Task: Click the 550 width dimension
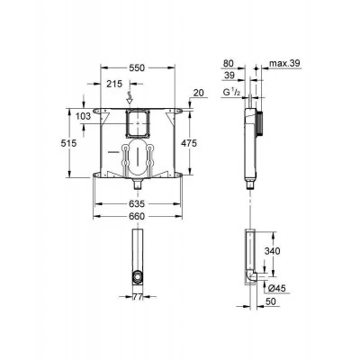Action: click(x=137, y=68)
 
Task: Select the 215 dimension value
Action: click(x=114, y=84)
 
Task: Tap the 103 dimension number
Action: click(x=83, y=116)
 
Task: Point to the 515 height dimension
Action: click(x=68, y=143)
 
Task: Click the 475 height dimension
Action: click(x=189, y=143)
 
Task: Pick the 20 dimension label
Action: click(x=198, y=93)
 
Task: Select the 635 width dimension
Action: click(x=137, y=204)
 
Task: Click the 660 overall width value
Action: click(x=137, y=216)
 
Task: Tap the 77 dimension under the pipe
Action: click(x=138, y=297)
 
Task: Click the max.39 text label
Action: click(x=284, y=64)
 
